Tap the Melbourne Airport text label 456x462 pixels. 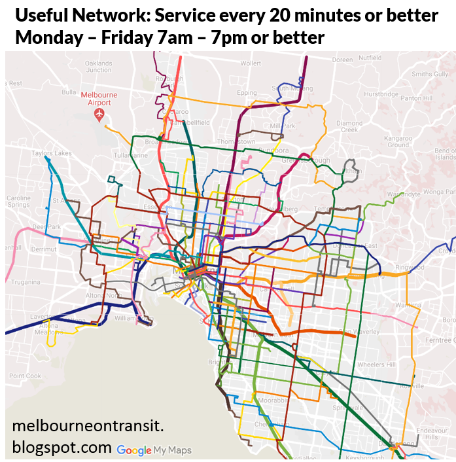(x=99, y=98)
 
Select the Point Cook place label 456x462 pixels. (x=25, y=376)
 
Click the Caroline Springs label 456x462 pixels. (x=18, y=201)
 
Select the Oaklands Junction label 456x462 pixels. (x=98, y=66)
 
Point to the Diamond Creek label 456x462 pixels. (x=349, y=126)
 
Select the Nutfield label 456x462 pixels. (x=370, y=58)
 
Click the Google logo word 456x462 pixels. (x=134, y=450)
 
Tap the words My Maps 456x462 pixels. (x=173, y=450)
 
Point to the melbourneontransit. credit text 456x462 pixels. (x=88, y=427)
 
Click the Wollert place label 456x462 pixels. (x=250, y=63)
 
